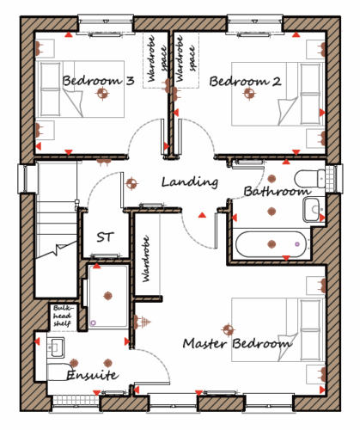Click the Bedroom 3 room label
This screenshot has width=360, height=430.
click(x=99, y=81)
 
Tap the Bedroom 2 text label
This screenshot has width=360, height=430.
click(x=245, y=82)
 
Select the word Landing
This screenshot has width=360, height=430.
click(x=190, y=182)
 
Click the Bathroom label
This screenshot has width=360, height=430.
click(x=278, y=191)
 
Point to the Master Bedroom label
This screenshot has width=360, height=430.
click(x=237, y=343)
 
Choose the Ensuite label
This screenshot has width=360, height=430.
click(x=93, y=375)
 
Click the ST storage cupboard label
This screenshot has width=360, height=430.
click(x=105, y=237)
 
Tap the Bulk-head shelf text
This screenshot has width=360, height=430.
click(x=63, y=316)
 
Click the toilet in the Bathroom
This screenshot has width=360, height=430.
click(x=310, y=178)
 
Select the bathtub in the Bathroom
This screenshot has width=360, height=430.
click(x=271, y=244)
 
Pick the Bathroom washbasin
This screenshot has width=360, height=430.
click(x=311, y=210)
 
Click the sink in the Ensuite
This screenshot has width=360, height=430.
click(x=56, y=347)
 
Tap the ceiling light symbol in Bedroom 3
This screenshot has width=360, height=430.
click(x=103, y=93)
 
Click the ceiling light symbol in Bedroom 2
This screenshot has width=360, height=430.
click(x=249, y=93)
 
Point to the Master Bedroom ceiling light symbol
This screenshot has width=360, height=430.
click(x=229, y=330)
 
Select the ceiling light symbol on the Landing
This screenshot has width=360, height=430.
click(x=131, y=184)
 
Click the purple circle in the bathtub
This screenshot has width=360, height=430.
click(x=297, y=244)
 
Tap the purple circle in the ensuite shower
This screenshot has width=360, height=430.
click(x=93, y=322)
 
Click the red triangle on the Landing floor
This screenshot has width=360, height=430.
click(x=202, y=215)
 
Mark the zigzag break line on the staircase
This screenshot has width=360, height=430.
click(x=56, y=250)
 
